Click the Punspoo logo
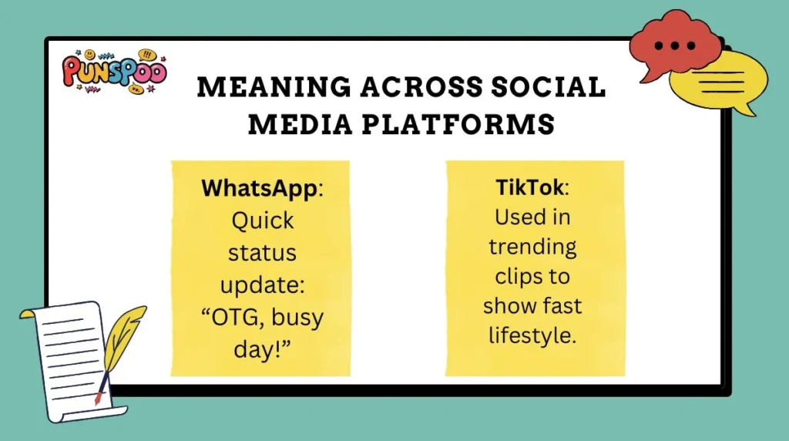(114, 72)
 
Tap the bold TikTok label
(530, 187)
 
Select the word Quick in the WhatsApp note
(263, 220)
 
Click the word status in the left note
(263, 253)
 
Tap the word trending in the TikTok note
(532, 247)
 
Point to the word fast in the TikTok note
(562, 306)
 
